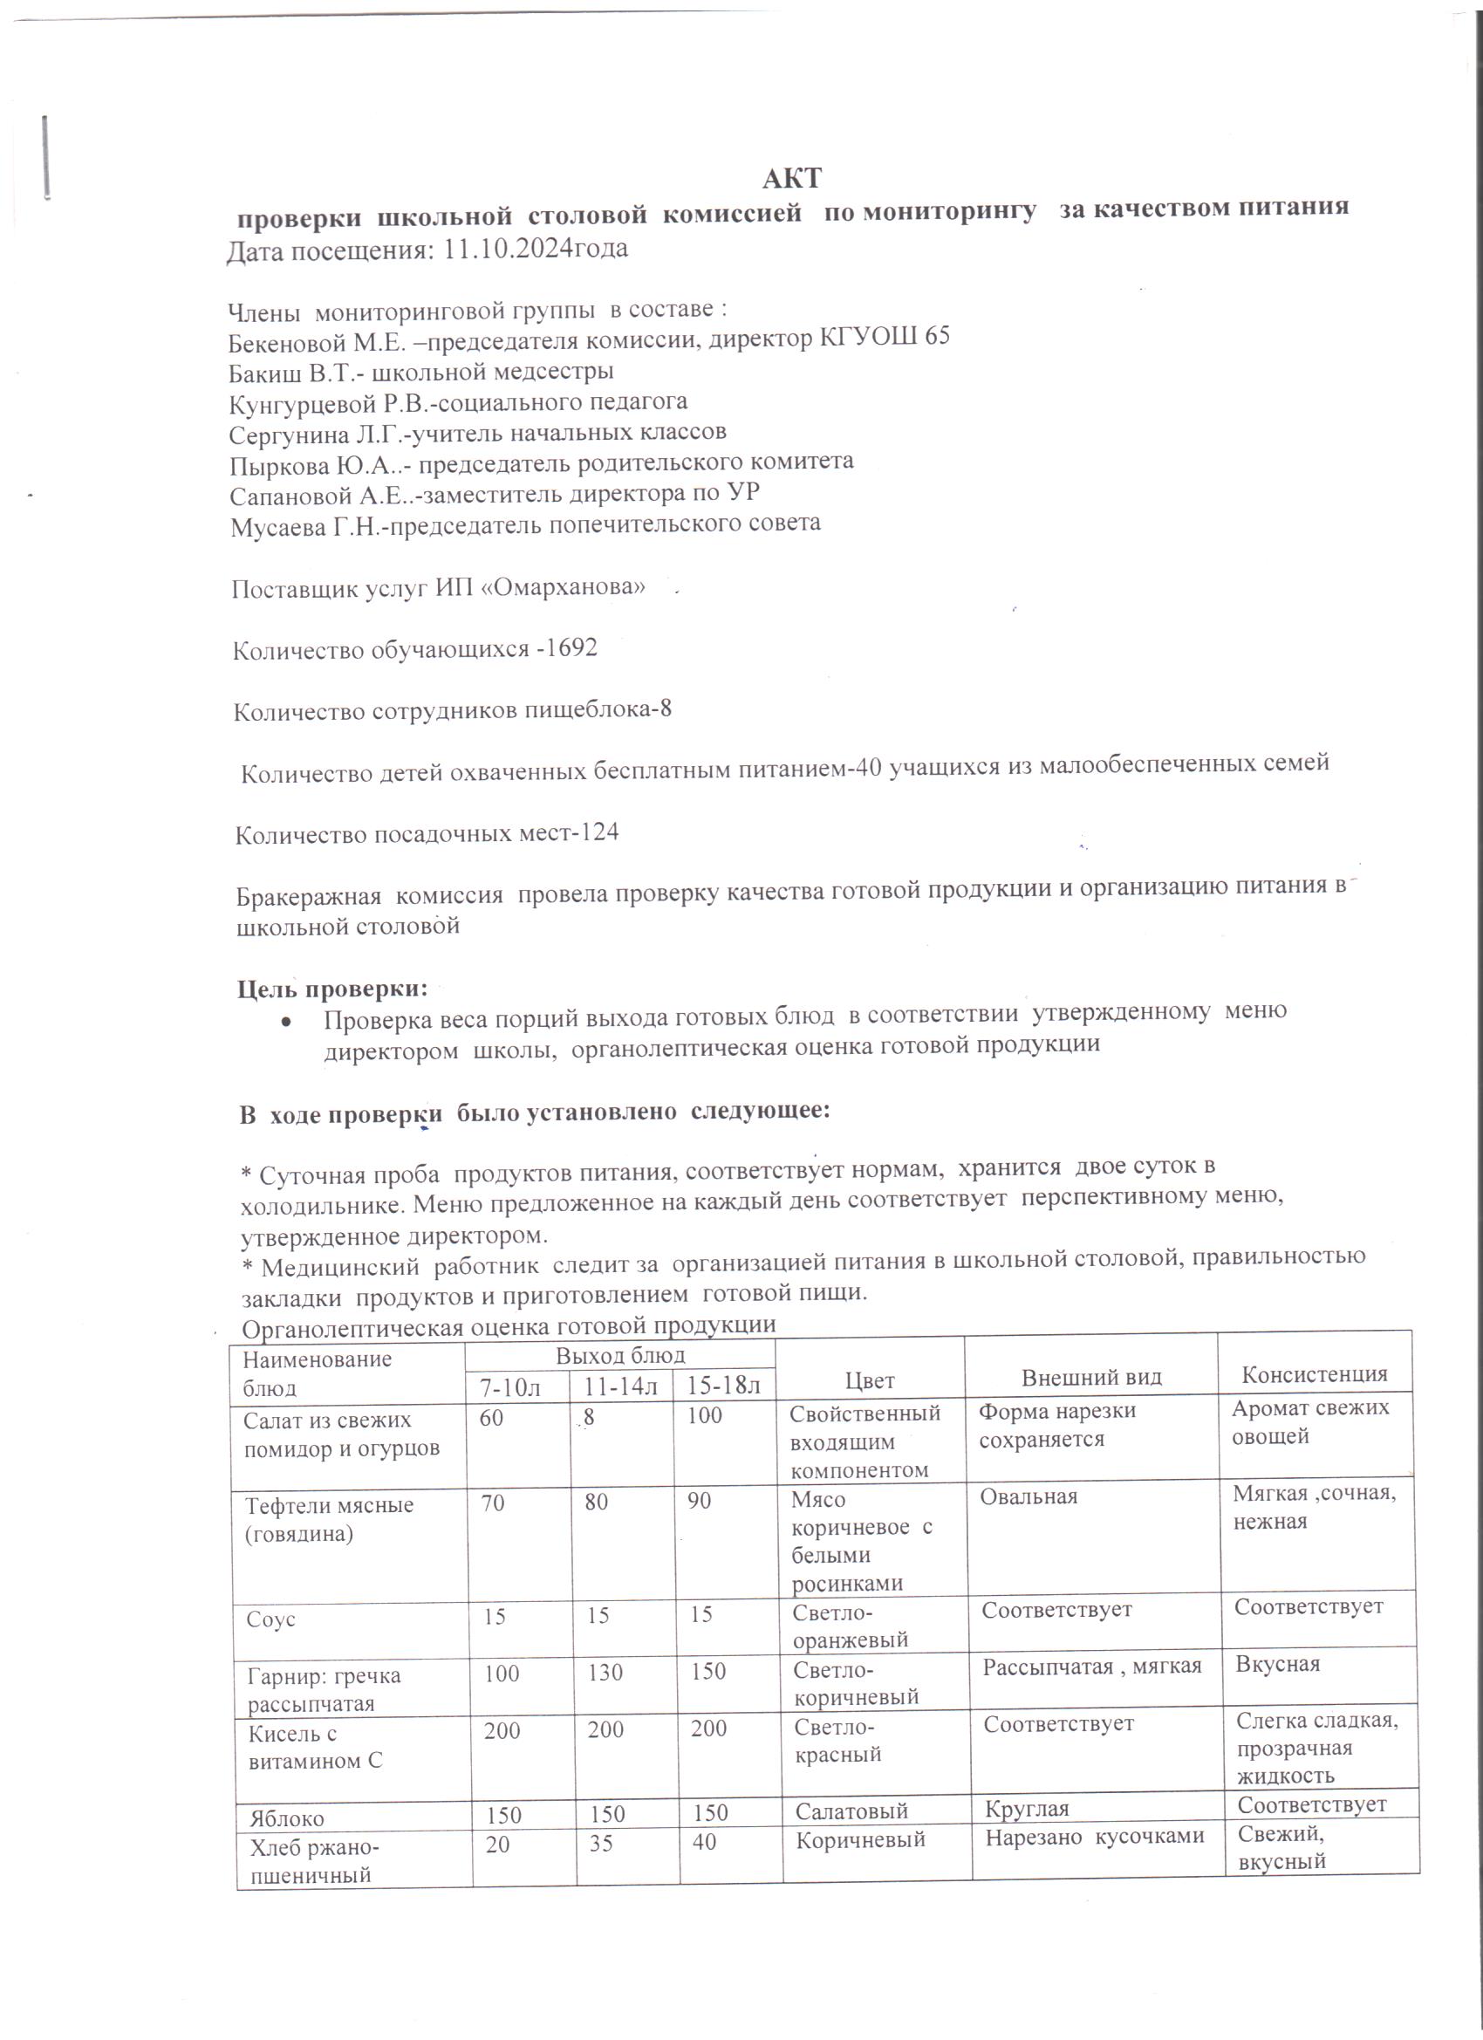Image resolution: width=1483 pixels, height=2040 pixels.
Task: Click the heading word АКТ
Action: [x=791, y=178]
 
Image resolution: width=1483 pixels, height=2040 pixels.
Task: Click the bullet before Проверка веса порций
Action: [x=285, y=1023]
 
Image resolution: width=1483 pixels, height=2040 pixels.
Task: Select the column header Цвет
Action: [x=870, y=1379]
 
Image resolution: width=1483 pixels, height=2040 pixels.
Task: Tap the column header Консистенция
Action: [x=1314, y=1373]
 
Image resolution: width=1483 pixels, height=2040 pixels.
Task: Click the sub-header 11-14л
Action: [x=621, y=1386]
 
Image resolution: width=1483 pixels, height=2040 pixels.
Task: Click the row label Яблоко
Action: [x=287, y=1818]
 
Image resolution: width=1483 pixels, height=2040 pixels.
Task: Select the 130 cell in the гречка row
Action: [x=605, y=1672]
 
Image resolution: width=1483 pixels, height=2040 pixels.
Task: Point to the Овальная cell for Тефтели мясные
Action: [x=1029, y=1496]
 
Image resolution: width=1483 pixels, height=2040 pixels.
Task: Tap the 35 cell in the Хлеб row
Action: [x=601, y=1844]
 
